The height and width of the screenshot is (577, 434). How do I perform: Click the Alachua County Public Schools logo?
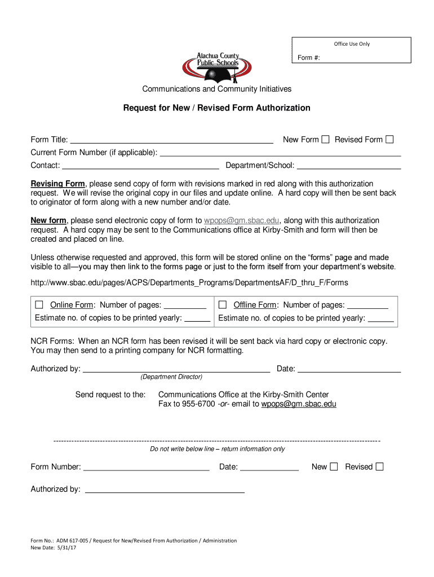tap(216, 65)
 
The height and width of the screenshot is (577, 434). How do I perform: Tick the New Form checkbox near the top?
tap(325, 139)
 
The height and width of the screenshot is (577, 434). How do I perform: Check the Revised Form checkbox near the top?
tap(389, 139)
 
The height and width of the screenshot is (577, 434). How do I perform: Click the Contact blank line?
tap(140, 166)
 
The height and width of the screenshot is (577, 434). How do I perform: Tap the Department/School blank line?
tap(348, 166)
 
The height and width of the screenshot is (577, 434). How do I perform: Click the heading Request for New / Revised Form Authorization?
tap(217, 108)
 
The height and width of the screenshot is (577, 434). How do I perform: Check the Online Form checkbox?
tap(39, 305)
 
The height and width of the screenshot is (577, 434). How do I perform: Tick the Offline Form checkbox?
tap(223, 305)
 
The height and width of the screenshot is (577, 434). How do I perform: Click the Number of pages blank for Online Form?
tap(185, 307)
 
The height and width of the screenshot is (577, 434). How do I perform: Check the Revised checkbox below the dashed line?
tap(379, 467)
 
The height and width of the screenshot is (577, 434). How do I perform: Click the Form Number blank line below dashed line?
tap(147, 468)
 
